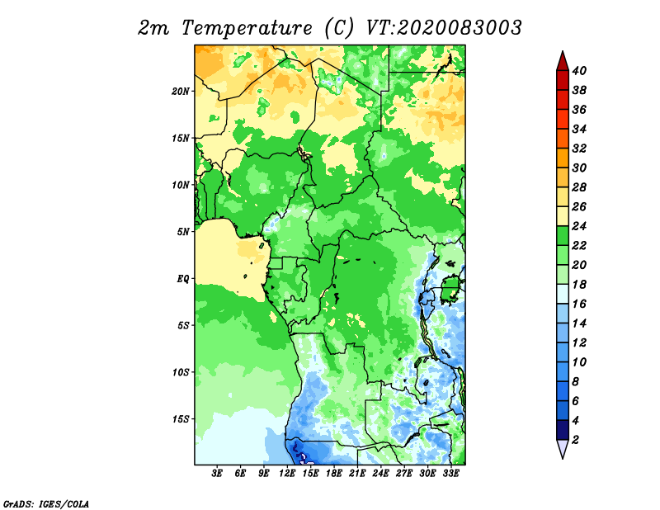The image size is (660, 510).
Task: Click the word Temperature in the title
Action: pos(247,29)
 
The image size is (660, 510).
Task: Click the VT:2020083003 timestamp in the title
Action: pos(444,28)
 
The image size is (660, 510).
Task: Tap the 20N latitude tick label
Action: pos(180,92)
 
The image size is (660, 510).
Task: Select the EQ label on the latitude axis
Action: pos(182,279)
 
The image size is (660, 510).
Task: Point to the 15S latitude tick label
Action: pos(181,419)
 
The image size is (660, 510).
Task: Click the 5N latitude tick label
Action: pos(182,232)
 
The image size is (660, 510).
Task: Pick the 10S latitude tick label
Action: pos(181,372)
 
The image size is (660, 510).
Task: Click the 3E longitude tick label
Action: pos(217,474)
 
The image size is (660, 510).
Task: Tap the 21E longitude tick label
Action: pos(357,474)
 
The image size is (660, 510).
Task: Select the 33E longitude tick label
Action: pos(450,474)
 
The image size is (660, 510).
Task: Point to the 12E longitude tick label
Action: pos(287,474)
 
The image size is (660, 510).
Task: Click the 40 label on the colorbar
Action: pos(579,71)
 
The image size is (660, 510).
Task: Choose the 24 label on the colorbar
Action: pos(579,226)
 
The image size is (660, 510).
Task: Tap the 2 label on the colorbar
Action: pos(575,440)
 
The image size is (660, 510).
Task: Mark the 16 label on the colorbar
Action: pos(579,304)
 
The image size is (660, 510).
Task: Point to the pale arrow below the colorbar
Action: pos(563,449)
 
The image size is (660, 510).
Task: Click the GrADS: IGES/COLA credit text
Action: pos(46,504)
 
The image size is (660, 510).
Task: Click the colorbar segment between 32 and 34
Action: pos(563,139)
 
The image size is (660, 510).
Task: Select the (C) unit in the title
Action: pos(339,28)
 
